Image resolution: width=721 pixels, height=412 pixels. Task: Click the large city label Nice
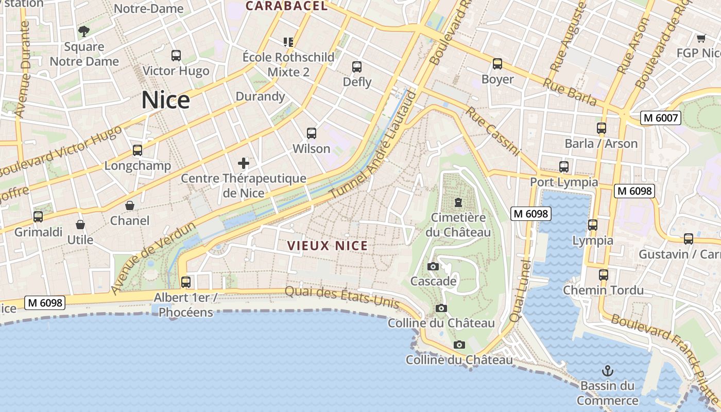[x=165, y=100]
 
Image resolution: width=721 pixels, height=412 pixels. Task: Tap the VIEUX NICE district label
[x=328, y=246]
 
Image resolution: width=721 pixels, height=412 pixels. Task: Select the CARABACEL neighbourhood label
[x=286, y=6]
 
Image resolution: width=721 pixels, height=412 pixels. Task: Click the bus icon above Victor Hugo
[x=176, y=56]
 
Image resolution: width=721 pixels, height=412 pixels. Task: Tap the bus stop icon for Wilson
[x=312, y=133]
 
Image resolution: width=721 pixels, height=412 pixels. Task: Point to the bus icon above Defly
[x=357, y=67]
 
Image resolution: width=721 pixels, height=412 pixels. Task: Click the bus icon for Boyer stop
[x=497, y=64]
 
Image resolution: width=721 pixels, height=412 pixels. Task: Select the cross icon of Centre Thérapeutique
[x=244, y=164]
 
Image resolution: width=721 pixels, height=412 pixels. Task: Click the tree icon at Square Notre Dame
[x=84, y=31]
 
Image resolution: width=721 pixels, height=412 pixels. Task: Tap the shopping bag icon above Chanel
[x=130, y=205]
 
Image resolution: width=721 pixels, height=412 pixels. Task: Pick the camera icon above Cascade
[x=433, y=266]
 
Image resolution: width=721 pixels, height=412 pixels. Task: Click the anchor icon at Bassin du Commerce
[x=608, y=370]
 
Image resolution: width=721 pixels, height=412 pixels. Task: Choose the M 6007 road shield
[x=661, y=118]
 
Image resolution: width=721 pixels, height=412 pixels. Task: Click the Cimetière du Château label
[x=458, y=225]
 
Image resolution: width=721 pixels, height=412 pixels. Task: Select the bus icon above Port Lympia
[x=564, y=167]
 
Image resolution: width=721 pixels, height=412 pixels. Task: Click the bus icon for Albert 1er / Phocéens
[x=186, y=282]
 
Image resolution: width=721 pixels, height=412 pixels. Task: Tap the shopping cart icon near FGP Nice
[x=701, y=38]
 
